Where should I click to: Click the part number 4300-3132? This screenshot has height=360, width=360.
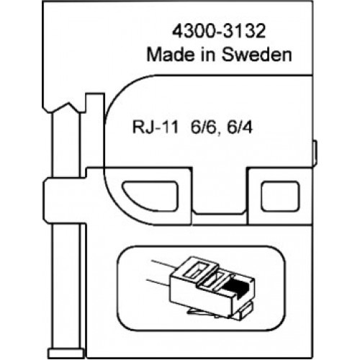coord(219,32)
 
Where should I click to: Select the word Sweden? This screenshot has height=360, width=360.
coord(256,55)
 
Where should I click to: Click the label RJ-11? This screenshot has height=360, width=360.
coord(156,127)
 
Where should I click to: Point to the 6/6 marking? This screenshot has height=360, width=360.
coord(205,127)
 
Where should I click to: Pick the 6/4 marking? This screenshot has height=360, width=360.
coord(240,127)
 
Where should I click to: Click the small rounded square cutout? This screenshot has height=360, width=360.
coord(280,197)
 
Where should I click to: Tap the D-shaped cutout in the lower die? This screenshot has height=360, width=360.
coord(150,197)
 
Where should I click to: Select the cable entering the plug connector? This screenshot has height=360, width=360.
coord(161,274)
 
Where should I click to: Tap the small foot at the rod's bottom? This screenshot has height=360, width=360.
coord(66,353)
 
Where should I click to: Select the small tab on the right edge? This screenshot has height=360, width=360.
coord(315,153)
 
